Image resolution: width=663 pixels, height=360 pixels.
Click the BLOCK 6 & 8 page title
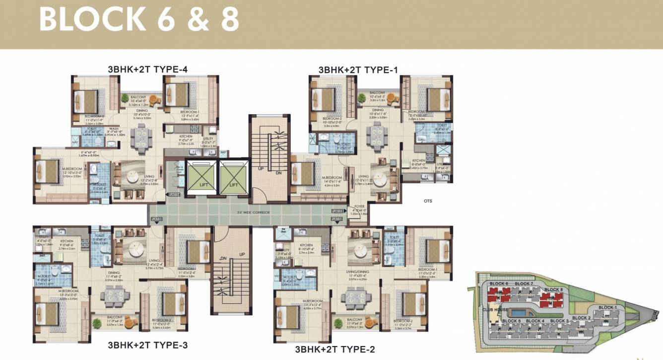pyautogui.click(x=139, y=20)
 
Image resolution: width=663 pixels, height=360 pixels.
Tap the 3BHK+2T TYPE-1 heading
pyautogui.click(x=358, y=70)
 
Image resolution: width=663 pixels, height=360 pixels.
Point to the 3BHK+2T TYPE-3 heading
pyautogui.click(x=147, y=345)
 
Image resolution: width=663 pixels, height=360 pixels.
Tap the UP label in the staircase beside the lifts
pyautogui.click(x=260, y=169)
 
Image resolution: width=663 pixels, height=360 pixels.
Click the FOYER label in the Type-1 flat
pyautogui.click(x=359, y=207)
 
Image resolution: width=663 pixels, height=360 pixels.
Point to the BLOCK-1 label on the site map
pyautogui.click(x=608, y=308)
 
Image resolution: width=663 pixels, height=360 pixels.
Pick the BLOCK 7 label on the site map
pyautogui.click(x=524, y=284)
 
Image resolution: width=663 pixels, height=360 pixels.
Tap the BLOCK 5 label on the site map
pyautogui.click(x=511, y=321)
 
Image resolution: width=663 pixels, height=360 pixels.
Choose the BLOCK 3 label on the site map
pyautogui.click(x=559, y=321)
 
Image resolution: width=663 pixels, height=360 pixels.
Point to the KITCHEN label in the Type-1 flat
pyautogui.click(x=419, y=161)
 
